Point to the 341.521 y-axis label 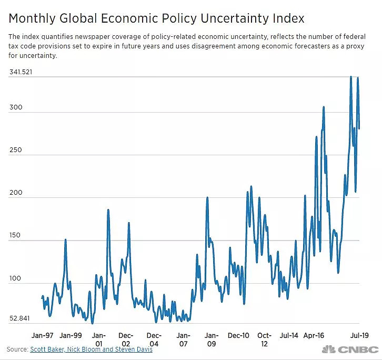(x=21, y=72)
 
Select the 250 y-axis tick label (x=15, y=150)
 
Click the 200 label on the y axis (x=15, y=193)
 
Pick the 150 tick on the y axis (x=15, y=236)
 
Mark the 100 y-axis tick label (x=15, y=279)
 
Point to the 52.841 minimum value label (x=20, y=319)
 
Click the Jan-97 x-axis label (x=42, y=335)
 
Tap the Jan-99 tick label (x=71, y=335)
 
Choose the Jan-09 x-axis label (x=212, y=339)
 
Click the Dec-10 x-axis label (x=238, y=335)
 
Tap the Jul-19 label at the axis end (x=360, y=335)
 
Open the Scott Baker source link (x=52, y=349)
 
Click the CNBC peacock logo (x=329, y=349)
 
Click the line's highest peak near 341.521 (x=351, y=77)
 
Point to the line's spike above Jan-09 (x=207, y=198)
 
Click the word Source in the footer (x=17, y=349)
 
